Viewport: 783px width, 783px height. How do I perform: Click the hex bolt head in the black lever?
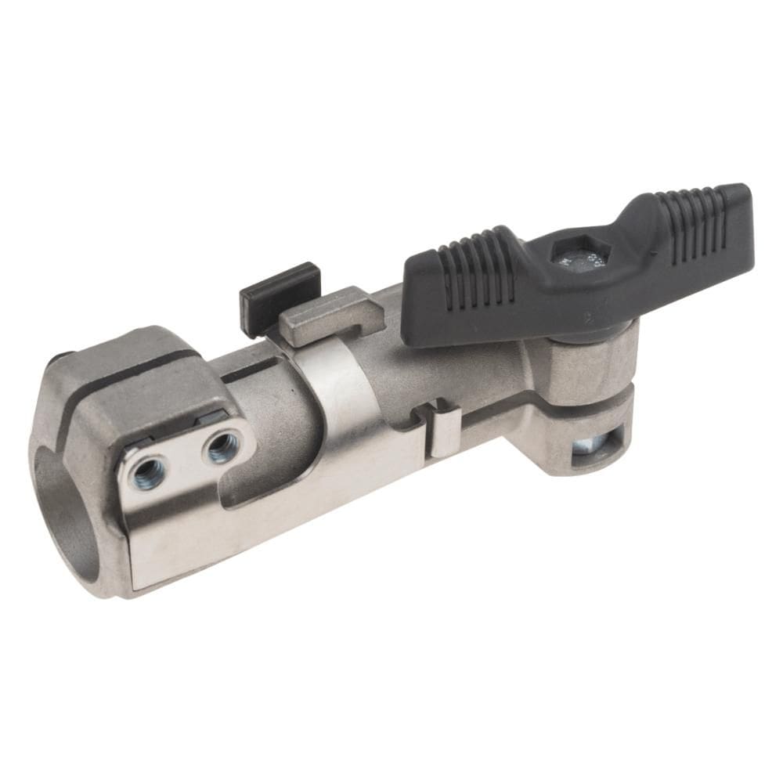pos(579,255)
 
